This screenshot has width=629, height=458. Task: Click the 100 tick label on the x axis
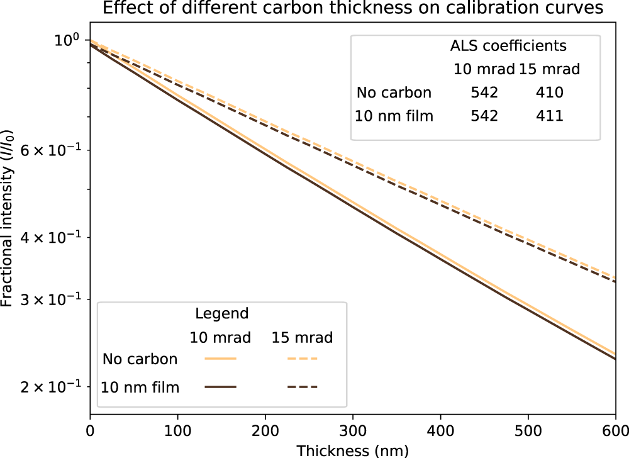tap(178, 433)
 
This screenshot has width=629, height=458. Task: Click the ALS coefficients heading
tap(508, 46)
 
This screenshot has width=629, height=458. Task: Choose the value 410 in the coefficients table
tap(550, 93)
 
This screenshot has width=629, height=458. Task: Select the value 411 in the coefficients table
tap(550, 116)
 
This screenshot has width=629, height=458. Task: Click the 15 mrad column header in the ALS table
tap(550, 69)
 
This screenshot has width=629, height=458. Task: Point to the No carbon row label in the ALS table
tap(394, 93)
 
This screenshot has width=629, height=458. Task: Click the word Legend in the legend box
tap(221, 313)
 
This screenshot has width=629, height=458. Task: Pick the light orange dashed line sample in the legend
tap(303, 359)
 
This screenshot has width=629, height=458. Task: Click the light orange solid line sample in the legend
tap(220, 359)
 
